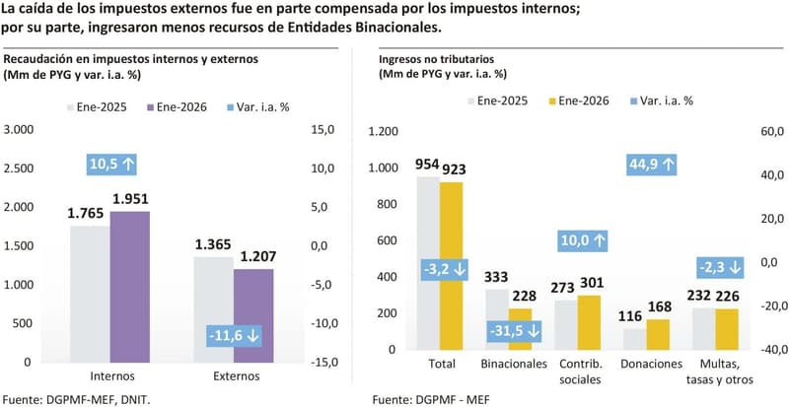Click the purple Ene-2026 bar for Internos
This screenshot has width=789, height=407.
pyautogui.click(x=129, y=286)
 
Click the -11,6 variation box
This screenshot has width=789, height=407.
pyautogui.click(x=234, y=336)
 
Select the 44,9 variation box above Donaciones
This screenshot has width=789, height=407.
pyautogui.click(x=652, y=165)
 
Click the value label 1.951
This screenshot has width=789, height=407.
pyautogui.click(x=130, y=200)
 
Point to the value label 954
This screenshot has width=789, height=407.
pyautogui.click(x=427, y=165)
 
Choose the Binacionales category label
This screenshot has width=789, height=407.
pyautogui.click(x=514, y=364)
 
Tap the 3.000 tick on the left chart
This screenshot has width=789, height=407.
pyautogui.click(x=19, y=129)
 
